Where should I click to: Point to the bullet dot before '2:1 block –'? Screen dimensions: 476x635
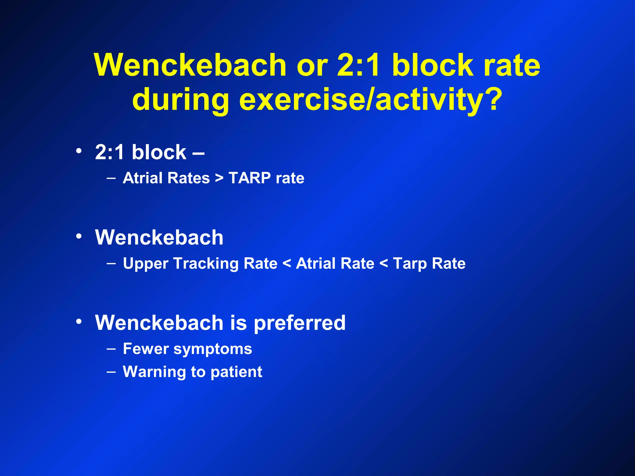click(79, 151)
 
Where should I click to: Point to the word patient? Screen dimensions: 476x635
click(236, 372)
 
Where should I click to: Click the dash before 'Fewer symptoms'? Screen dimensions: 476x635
click(111, 349)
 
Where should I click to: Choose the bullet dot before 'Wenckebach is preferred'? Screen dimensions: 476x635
click(79, 321)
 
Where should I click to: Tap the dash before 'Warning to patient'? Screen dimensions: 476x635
click(111, 372)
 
